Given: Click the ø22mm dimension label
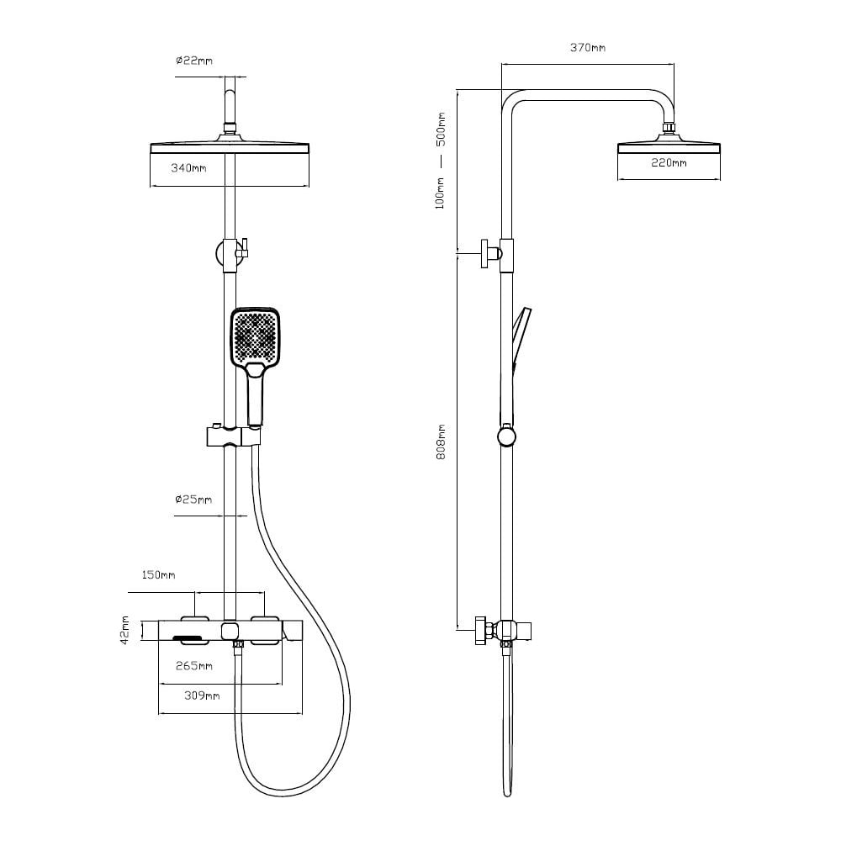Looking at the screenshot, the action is [193, 61].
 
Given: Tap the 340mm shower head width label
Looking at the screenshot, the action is [188, 168].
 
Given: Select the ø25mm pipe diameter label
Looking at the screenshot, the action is [193, 500].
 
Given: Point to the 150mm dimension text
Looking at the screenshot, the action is [158, 575].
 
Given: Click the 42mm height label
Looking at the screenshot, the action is [124, 630].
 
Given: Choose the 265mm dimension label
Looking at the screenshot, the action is [194, 666].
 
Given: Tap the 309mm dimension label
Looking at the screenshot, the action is [202, 696].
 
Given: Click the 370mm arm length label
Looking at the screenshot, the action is [588, 48].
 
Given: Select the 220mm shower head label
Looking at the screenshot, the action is [669, 162].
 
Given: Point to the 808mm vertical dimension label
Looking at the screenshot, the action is [441, 442].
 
